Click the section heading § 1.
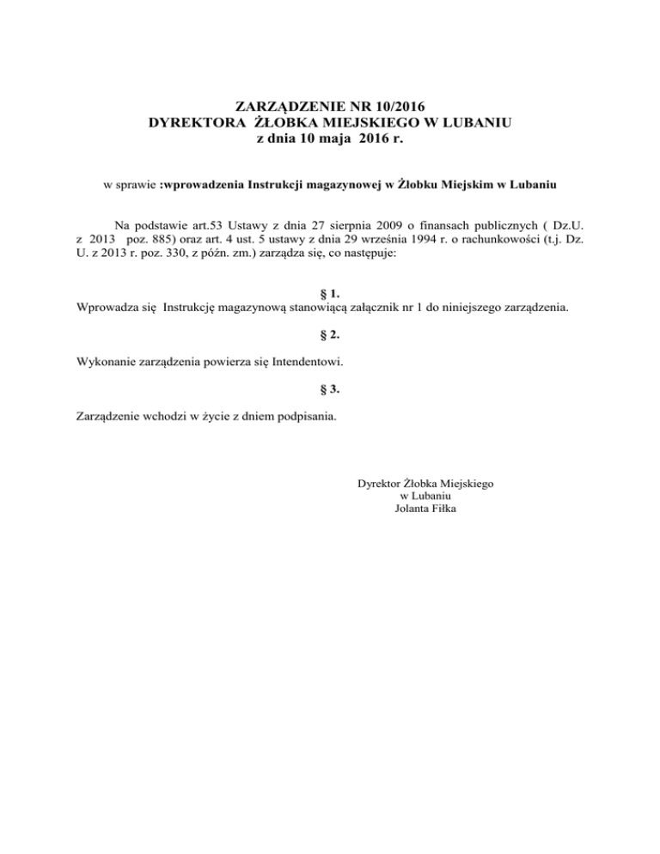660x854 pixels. coord(329,293)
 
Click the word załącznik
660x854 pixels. coord(364,307)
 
